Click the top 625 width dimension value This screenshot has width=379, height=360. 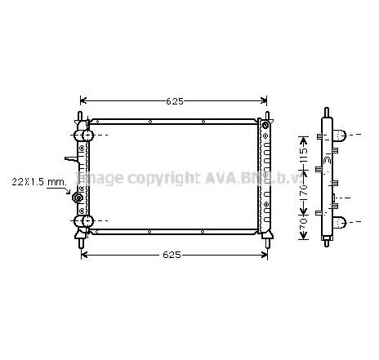pyautogui.click(x=175, y=101)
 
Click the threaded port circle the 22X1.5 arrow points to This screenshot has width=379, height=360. pyautogui.click(x=79, y=198)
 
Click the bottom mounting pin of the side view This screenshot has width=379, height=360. pyautogui.click(x=325, y=242)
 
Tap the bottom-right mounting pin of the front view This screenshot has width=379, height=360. pyautogui.click(x=266, y=240)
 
